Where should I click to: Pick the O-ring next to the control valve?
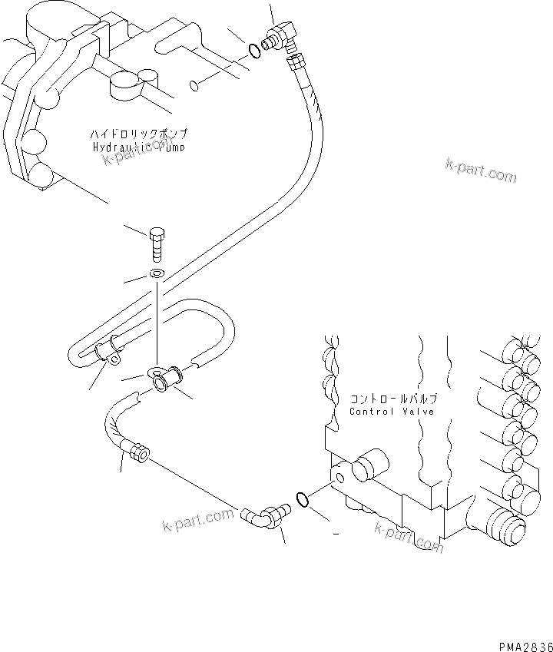303,500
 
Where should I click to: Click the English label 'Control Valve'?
392,412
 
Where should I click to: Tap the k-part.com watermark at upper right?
480,170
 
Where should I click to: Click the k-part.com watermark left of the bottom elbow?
198,521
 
